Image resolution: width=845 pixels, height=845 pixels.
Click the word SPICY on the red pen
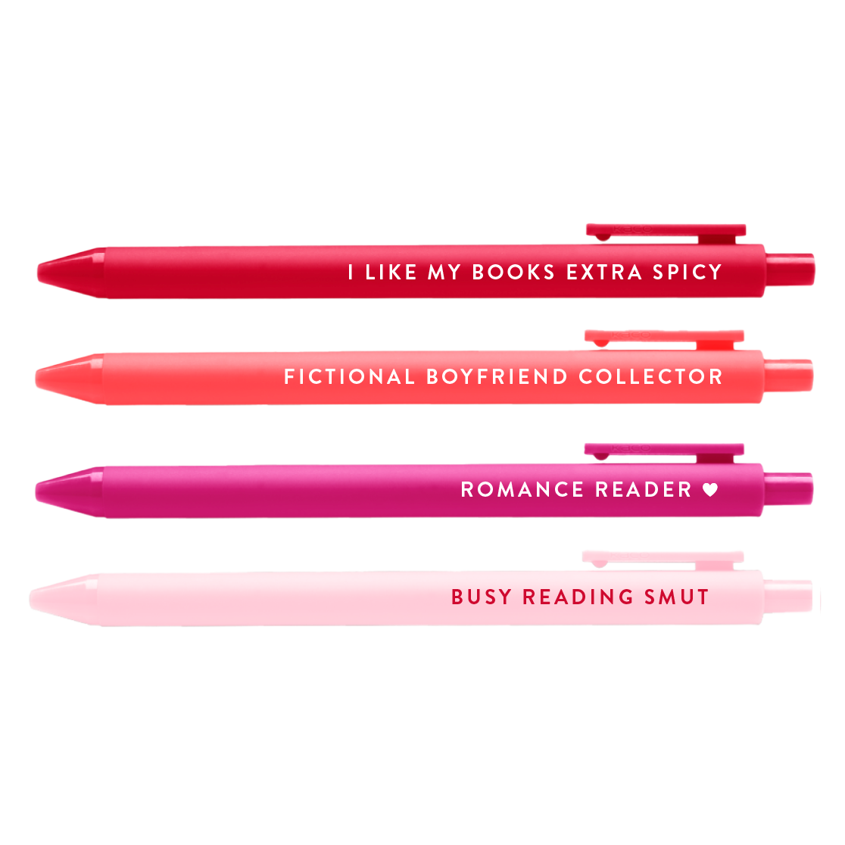click(x=687, y=272)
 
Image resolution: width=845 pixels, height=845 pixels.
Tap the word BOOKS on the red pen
click(x=513, y=272)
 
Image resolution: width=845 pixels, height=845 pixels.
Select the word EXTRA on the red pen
click(x=604, y=272)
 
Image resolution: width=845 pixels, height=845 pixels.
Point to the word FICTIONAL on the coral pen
click(x=349, y=377)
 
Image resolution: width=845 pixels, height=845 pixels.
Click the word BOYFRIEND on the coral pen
click(x=497, y=377)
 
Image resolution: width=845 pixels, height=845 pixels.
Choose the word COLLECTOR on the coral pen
click(x=650, y=377)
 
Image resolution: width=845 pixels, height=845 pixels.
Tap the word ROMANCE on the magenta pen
click(x=522, y=489)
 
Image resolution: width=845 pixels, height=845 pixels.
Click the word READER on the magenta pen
click(x=644, y=489)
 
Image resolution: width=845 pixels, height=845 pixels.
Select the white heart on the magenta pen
click(x=710, y=489)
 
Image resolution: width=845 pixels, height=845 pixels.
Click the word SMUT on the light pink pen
click(x=677, y=597)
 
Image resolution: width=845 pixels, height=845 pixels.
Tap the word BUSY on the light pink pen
click(x=482, y=597)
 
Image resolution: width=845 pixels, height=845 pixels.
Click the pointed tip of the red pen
click(x=39, y=273)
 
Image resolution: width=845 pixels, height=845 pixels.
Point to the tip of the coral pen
click(x=36, y=379)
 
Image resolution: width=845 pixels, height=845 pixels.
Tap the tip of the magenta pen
click(x=36, y=491)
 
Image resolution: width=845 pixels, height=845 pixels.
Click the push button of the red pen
click(x=790, y=270)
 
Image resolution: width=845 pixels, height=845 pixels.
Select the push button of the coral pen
click(x=788, y=375)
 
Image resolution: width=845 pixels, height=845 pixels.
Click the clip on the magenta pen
click(x=665, y=453)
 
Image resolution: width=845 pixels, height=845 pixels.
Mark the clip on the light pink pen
click(x=663, y=560)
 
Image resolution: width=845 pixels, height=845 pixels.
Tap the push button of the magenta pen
click(x=788, y=488)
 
